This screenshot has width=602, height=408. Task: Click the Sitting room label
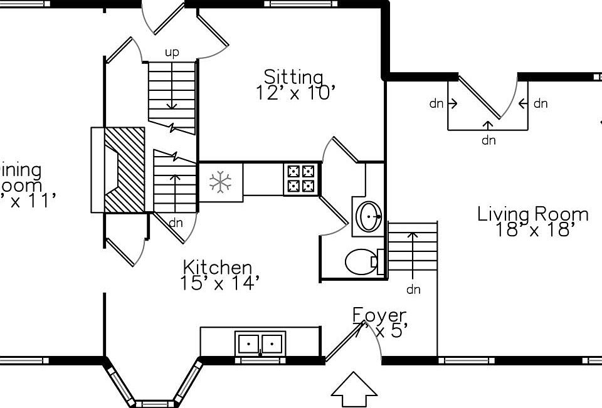tap(293, 77)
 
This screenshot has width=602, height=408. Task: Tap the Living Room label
tap(532, 214)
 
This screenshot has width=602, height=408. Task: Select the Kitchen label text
tap(218, 268)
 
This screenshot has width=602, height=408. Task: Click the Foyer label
tap(379, 315)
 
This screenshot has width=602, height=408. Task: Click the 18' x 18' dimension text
tap(534, 230)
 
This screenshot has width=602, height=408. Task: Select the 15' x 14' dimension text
tap(219, 283)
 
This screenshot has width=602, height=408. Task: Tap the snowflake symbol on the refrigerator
tap(220, 182)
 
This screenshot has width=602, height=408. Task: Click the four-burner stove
tap(300, 179)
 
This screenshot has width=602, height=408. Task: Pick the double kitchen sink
tap(260, 343)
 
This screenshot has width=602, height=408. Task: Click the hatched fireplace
tap(124, 170)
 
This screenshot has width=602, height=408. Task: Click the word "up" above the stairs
tap(172, 53)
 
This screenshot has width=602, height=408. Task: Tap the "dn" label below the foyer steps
tap(413, 290)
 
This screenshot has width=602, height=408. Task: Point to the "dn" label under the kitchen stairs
tap(176, 222)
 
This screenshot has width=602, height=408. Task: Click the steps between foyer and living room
tap(412, 246)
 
